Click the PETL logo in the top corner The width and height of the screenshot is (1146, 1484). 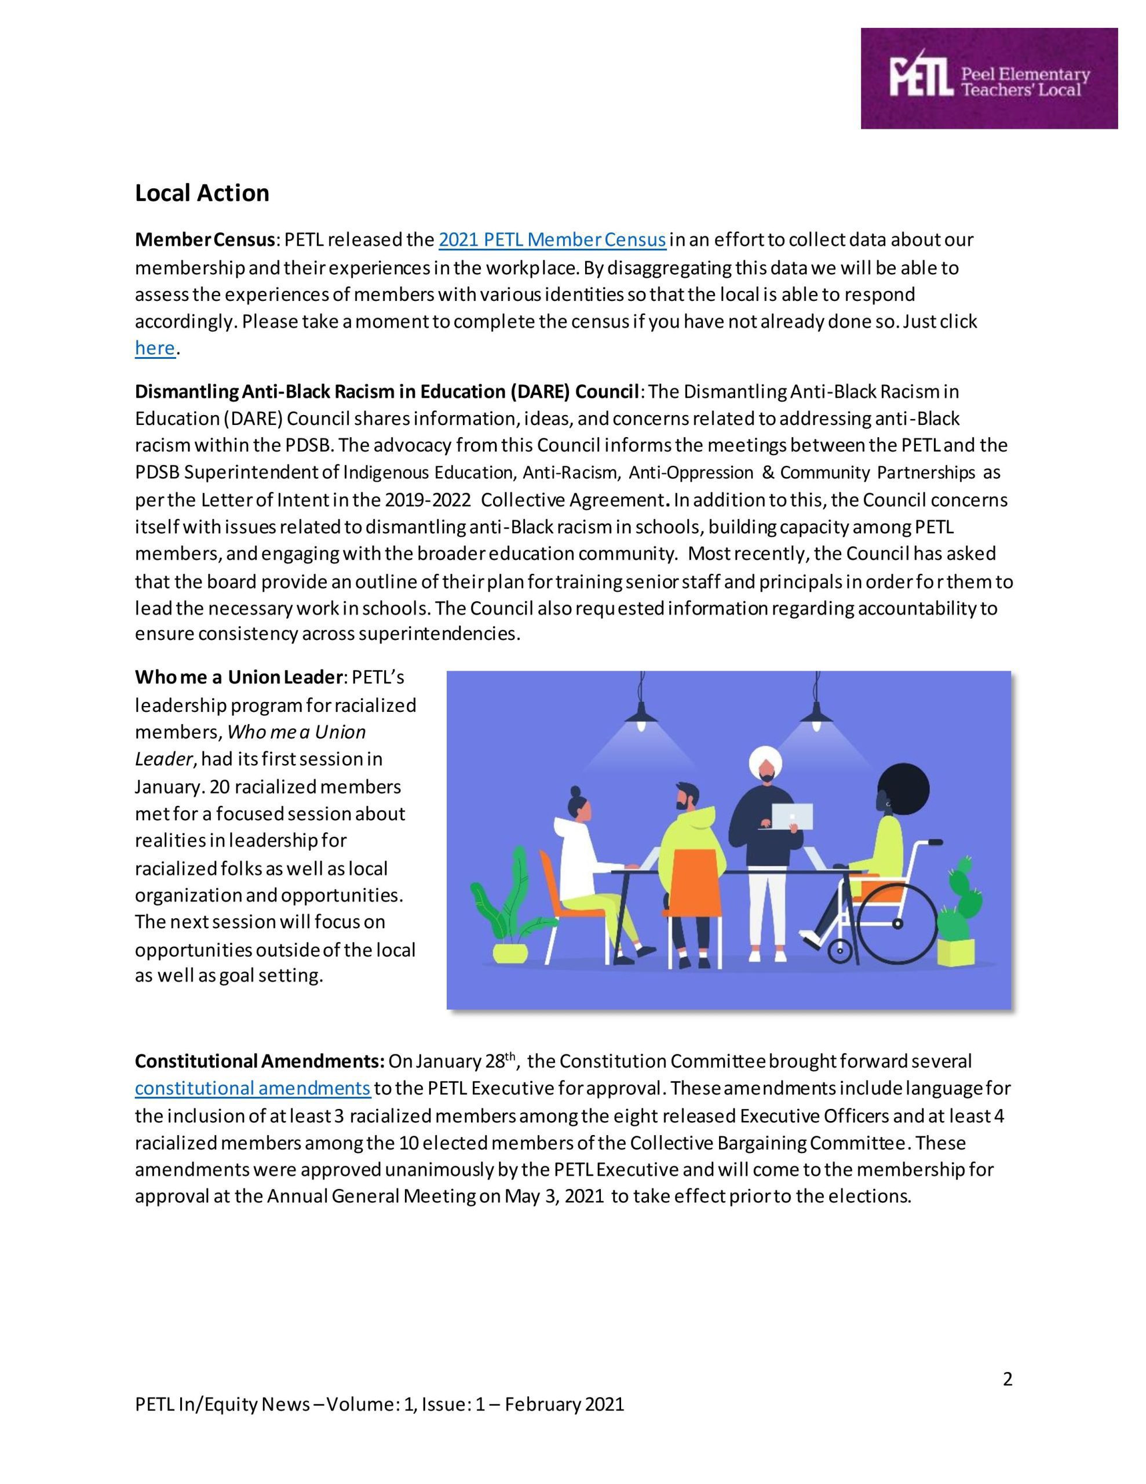click(988, 78)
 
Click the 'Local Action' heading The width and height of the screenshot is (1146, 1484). click(202, 193)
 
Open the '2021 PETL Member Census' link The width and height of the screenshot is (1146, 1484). click(552, 240)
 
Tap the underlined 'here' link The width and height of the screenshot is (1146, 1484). click(155, 348)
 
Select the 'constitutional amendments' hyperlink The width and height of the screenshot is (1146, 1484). click(253, 1089)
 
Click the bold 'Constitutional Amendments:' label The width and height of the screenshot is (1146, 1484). click(260, 1061)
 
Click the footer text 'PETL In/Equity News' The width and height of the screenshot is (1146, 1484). click(222, 1404)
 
